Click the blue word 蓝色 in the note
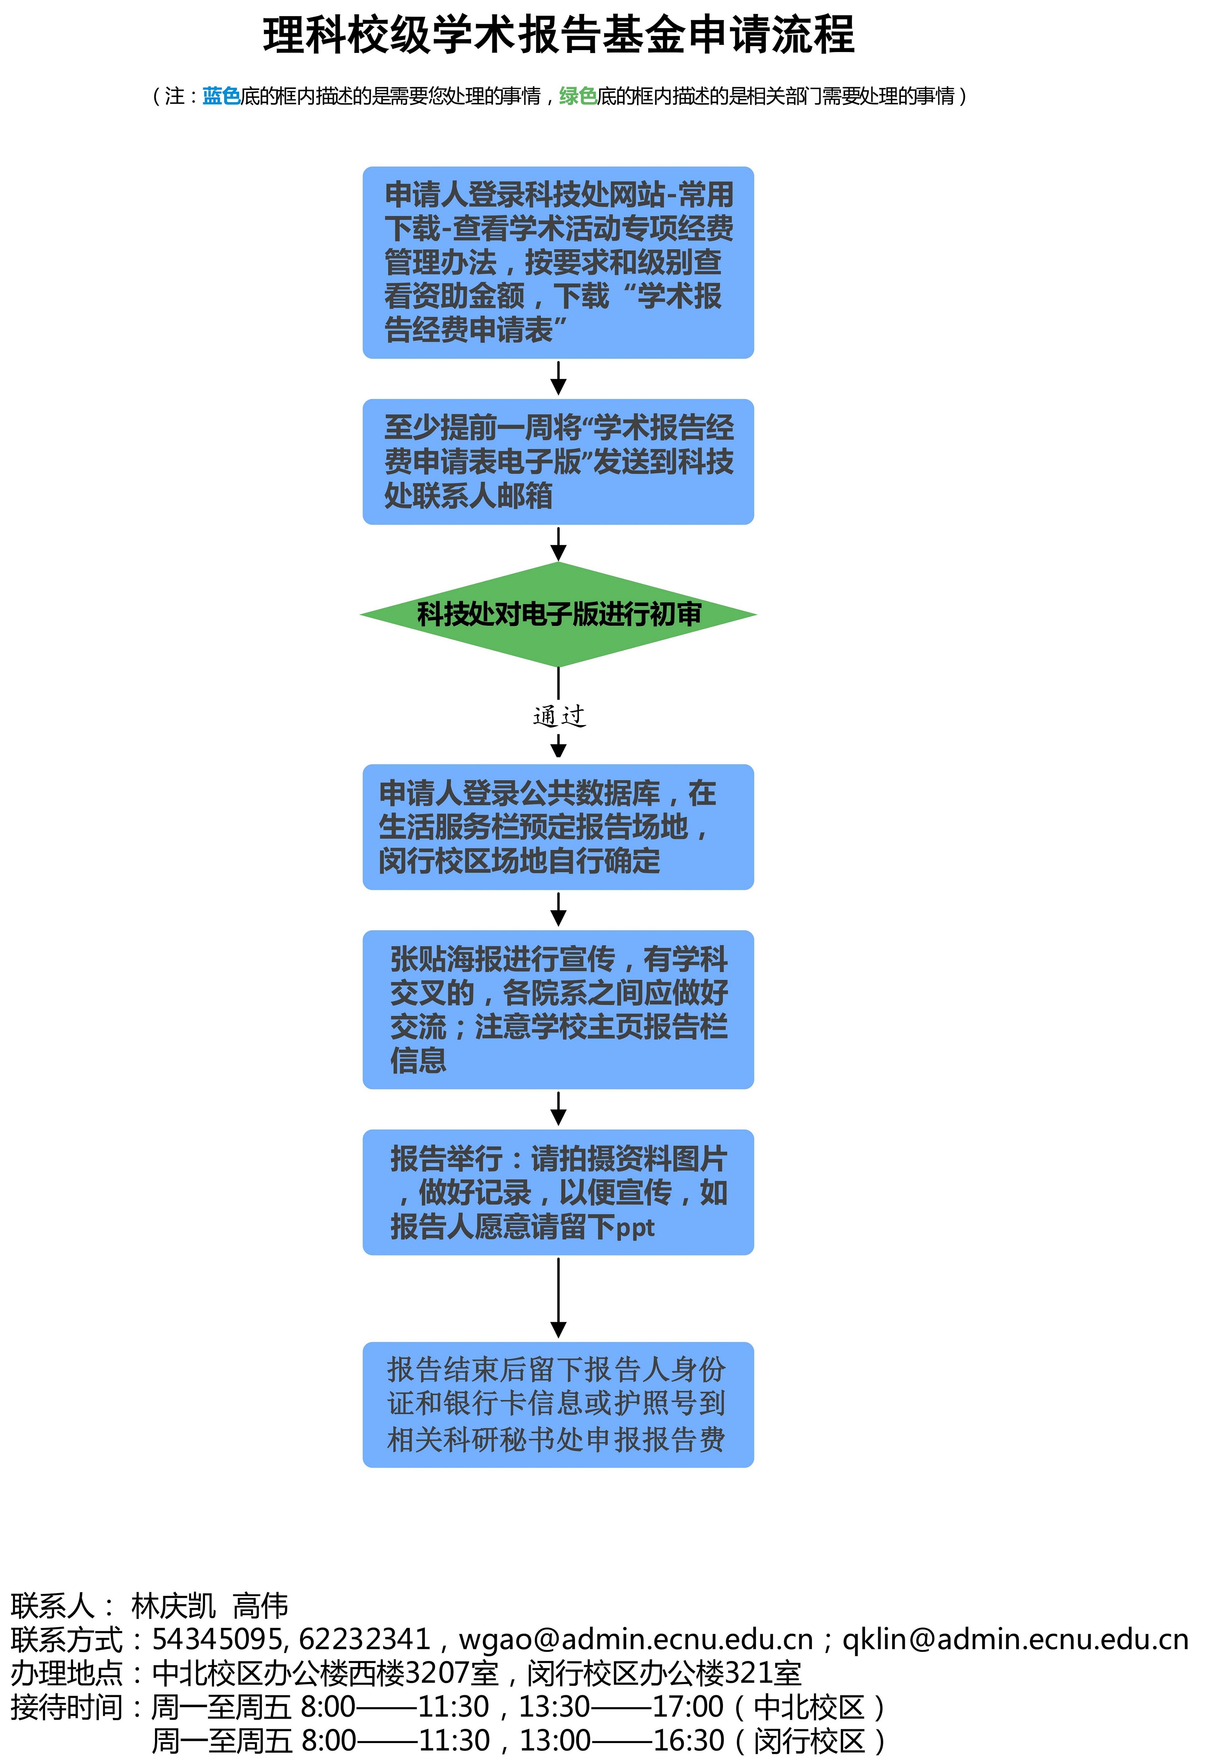221,96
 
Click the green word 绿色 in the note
578,96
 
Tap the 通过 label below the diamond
559,716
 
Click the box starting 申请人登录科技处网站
558,262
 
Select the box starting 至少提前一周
558,462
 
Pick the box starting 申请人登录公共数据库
558,827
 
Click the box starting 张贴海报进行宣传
558,1009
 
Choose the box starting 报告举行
558,1192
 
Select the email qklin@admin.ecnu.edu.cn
1015,1638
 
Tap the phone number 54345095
217,1638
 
